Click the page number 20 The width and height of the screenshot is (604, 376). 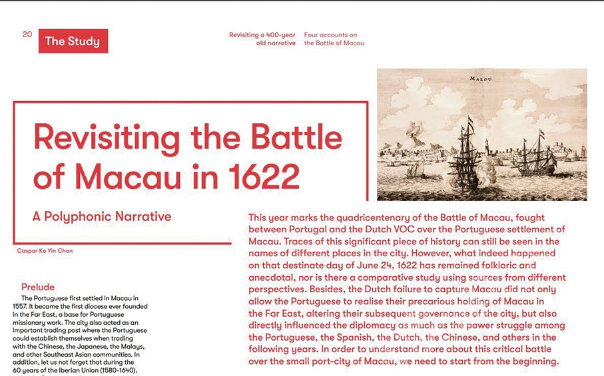[x=27, y=35]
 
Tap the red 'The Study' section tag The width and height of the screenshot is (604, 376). [x=73, y=41]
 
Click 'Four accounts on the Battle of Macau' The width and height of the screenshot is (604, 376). [x=334, y=39]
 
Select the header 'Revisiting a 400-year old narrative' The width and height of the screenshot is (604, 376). [x=262, y=39]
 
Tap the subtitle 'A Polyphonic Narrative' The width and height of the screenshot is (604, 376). [x=102, y=216]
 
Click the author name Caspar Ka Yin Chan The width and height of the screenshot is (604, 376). [x=45, y=251]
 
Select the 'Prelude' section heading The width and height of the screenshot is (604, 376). [x=38, y=287]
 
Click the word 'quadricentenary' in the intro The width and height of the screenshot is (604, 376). [x=369, y=218]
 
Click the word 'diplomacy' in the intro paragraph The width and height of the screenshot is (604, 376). [x=373, y=325]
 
